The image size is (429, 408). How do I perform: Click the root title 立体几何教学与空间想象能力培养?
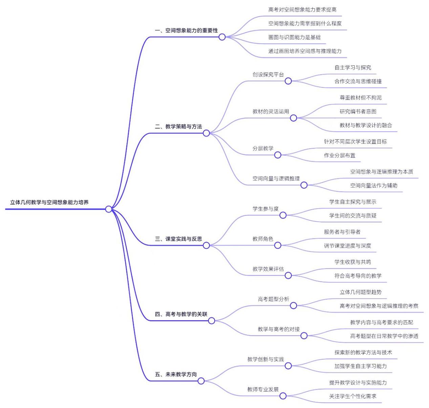point(49,202)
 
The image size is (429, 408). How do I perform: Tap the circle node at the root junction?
point(108,209)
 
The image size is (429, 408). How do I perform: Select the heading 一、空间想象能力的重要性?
point(186,30)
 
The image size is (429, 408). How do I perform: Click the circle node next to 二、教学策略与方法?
point(206,133)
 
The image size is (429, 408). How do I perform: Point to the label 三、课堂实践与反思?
point(178,239)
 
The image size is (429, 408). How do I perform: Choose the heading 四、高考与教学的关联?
point(181,314)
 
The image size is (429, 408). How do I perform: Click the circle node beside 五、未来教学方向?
point(201,381)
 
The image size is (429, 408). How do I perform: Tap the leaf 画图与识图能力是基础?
point(294,37)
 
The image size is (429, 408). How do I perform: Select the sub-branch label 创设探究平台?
point(268,74)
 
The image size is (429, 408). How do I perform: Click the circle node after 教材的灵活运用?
point(294,118)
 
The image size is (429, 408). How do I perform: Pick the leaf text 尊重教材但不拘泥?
point(360,98)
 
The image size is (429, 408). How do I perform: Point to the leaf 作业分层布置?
point(339,155)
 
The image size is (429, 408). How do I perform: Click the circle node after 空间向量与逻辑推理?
point(304,185)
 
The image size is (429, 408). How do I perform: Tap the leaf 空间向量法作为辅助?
point(373,186)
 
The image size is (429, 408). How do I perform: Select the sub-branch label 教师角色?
point(262,239)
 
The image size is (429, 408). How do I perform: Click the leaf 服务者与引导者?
point(342,232)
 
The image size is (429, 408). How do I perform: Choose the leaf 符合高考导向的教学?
point(358,276)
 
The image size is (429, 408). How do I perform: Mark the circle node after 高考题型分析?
point(294,305)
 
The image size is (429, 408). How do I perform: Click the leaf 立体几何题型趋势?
point(360,292)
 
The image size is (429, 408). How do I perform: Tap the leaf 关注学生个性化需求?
point(352,396)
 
